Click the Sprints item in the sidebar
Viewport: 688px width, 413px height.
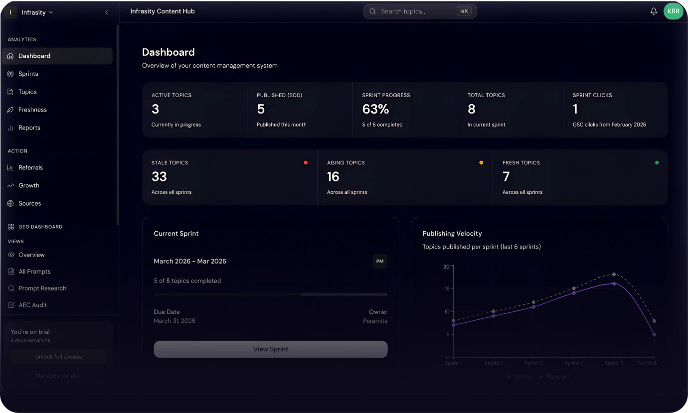click(28, 74)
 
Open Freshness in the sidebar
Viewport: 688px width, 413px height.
click(32, 110)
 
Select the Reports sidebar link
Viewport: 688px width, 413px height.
click(29, 128)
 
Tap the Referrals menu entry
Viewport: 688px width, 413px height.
click(30, 167)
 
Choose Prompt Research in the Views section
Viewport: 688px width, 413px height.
click(42, 288)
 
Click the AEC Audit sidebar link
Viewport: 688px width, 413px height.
click(32, 305)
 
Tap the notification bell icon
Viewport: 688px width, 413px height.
click(654, 11)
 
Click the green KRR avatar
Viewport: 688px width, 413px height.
click(673, 11)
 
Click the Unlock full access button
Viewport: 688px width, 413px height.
click(58, 357)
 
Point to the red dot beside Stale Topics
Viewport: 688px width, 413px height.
click(306, 162)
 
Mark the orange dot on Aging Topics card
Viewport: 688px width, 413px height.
click(481, 162)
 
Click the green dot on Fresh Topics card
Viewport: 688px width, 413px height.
click(657, 162)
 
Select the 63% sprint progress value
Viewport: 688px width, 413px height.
click(375, 109)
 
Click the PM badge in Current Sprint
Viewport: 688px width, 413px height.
click(380, 261)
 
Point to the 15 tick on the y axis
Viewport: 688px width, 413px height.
click(447, 288)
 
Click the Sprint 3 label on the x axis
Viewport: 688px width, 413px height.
click(533, 363)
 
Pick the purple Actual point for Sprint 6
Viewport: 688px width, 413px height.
click(654, 335)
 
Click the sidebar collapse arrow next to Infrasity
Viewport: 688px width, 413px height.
click(106, 12)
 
